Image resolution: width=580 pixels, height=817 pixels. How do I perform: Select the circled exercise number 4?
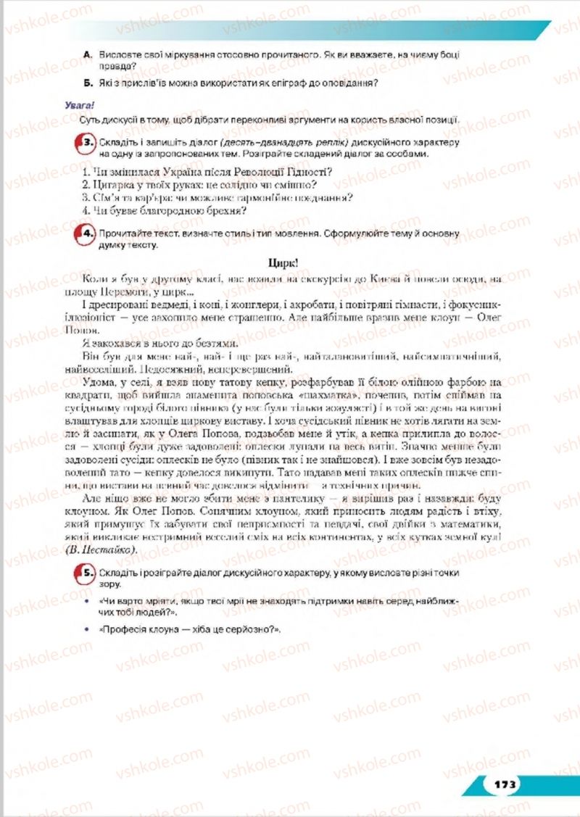tap(86, 234)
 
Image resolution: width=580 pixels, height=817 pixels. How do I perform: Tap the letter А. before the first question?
tap(87, 55)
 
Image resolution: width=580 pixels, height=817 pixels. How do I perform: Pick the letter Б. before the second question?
tap(87, 83)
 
